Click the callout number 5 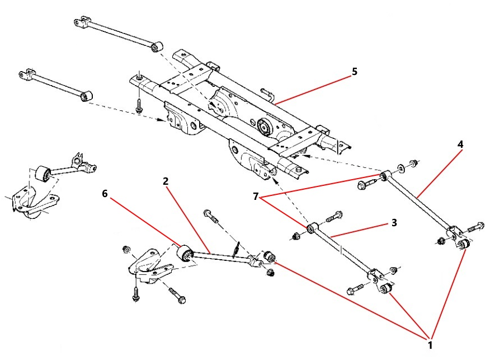click(353, 72)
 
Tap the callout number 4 click(460, 144)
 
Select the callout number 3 click(394, 222)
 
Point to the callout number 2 click(166, 181)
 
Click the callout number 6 click(105, 193)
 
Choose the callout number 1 click(430, 345)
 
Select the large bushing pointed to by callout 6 click(185, 254)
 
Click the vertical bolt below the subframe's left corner click(138, 105)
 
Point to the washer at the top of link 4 click(401, 167)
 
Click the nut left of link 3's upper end click(297, 236)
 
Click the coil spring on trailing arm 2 click(237, 247)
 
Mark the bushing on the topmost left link click(157, 45)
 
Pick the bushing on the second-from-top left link click(86, 95)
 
